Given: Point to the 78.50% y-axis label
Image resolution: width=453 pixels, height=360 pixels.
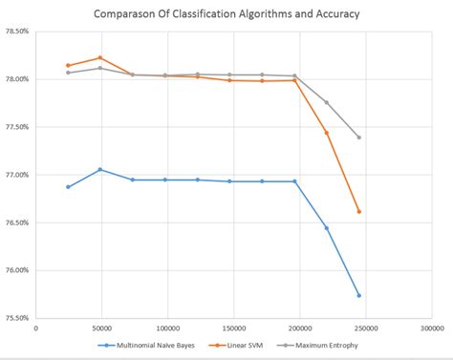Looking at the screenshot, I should click(x=16, y=31).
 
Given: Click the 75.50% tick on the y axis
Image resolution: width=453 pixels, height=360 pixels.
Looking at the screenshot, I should click(x=16, y=318).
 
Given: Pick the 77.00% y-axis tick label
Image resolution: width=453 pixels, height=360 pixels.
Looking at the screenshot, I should click(x=16, y=175).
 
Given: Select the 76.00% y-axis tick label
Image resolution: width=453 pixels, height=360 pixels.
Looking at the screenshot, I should click(x=16, y=270).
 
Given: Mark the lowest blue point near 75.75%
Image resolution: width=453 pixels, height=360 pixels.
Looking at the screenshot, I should click(x=358, y=295).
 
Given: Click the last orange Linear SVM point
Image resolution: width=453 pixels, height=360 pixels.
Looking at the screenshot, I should click(x=358, y=211).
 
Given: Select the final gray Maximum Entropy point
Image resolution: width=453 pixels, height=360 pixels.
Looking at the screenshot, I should click(x=358, y=138).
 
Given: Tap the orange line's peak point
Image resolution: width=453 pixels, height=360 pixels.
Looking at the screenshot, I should click(x=100, y=57).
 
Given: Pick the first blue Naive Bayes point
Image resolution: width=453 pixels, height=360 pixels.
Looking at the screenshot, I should click(x=68, y=187).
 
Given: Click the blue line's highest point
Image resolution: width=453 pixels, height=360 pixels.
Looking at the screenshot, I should click(x=100, y=169).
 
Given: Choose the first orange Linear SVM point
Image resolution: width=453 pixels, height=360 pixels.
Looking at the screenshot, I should click(x=68, y=65).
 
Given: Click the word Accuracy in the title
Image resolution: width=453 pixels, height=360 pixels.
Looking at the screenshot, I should click(x=330, y=14).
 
